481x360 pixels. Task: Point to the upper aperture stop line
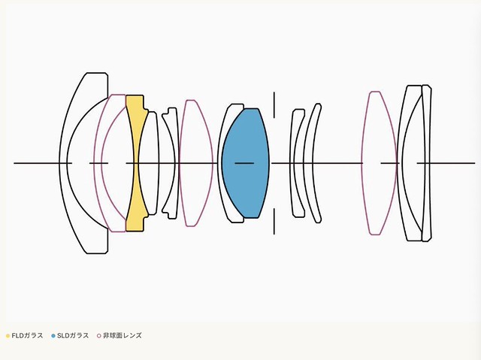[274, 104]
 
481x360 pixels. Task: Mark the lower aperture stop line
[274, 222]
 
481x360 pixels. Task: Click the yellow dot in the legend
[8, 336]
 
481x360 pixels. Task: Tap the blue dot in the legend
[53, 336]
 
